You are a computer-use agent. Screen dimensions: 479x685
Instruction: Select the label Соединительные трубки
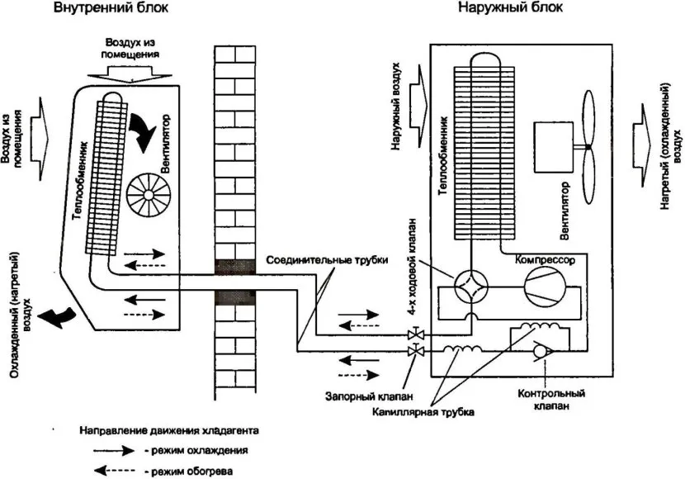[x=328, y=259]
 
